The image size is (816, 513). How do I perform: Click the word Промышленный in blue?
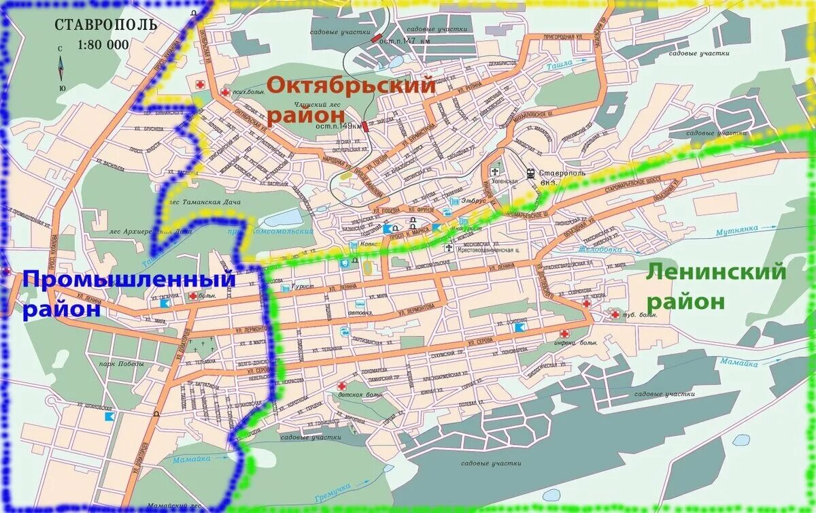pyautogui.click(x=129, y=279)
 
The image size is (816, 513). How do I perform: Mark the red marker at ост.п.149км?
pyautogui.click(x=365, y=125)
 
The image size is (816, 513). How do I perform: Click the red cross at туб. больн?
pyautogui.click(x=615, y=314)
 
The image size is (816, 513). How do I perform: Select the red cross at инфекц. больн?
pyautogui.click(x=564, y=333)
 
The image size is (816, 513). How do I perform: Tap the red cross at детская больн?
pyautogui.click(x=341, y=386)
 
